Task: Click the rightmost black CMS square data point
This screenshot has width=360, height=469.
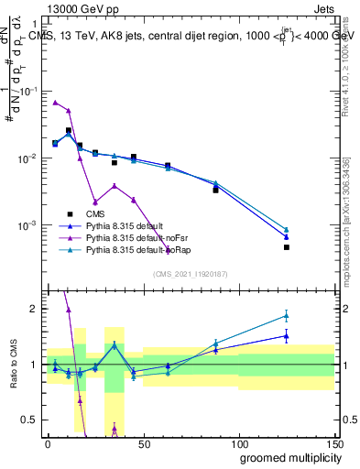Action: [286, 247]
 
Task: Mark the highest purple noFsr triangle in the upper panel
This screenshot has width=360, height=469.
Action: [55, 103]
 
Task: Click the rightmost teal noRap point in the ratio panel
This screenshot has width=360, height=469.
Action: [286, 316]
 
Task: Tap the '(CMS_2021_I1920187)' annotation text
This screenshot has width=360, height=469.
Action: [190, 274]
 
